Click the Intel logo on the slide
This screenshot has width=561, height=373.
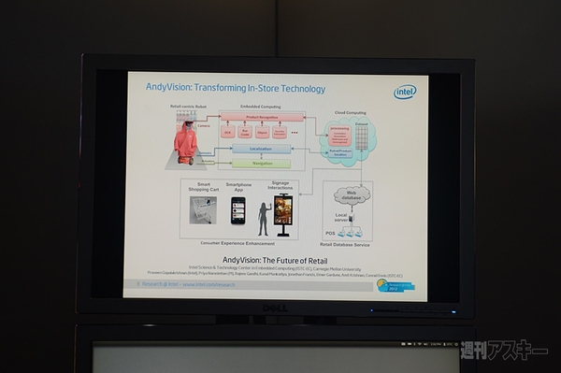(404, 92)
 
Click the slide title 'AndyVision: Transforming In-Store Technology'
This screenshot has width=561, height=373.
(236, 89)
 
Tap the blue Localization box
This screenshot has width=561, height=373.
(261, 149)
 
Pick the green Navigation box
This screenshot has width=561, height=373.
(261, 163)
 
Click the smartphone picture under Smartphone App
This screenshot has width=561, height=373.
(238, 209)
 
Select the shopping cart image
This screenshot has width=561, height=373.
(203, 210)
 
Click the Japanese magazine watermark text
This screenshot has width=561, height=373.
(504, 352)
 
